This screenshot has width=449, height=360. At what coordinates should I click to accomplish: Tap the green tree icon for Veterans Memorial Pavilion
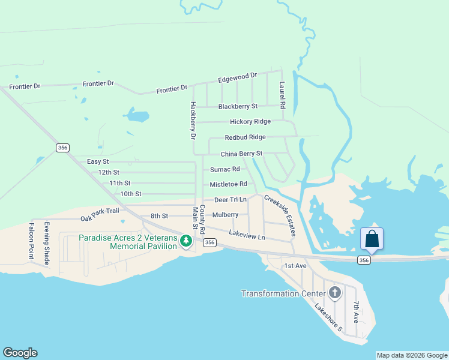click(186, 241)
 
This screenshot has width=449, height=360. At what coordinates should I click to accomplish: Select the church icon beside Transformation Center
click(335, 293)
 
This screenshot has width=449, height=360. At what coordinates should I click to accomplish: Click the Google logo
click(20, 353)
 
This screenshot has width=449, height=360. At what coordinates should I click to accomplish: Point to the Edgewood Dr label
click(237, 77)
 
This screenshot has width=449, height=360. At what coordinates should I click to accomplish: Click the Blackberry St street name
click(238, 106)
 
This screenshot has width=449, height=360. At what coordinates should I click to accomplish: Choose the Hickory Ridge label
click(250, 121)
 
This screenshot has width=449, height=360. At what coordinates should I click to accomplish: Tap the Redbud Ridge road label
click(245, 137)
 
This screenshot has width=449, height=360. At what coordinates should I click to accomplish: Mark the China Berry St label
click(241, 154)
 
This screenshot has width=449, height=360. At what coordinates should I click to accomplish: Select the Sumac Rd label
click(225, 169)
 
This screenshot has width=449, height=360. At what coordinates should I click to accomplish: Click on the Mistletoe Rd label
click(228, 184)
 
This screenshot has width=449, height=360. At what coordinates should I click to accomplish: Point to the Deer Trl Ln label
click(231, 199)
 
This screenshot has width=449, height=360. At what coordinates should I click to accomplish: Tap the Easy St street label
click(98, 161)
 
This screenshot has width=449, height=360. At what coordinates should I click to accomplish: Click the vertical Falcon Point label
click(32, 241)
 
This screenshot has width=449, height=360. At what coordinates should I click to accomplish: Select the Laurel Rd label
click(282, 95)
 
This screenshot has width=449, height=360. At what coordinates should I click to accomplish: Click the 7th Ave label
click(356, 312)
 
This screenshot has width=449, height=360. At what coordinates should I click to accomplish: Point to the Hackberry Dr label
click(193, 120)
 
